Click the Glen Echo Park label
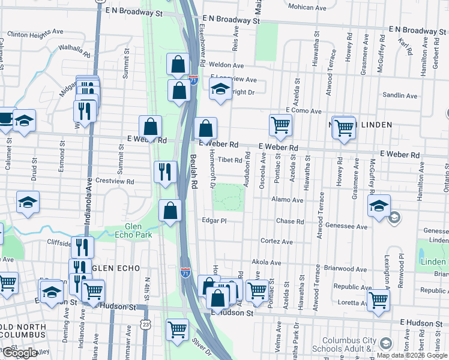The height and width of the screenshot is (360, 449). pyautogui.click(x=137, y=230)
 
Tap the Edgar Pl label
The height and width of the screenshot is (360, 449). pyautogui.click(x=214, y=221)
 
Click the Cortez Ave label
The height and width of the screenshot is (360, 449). pyautogui.click(x=276, y=241)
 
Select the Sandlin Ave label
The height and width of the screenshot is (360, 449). pyautogui.click(x=399, y=95)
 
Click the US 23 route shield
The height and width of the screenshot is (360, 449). pyautogui.click(x=146, y=325)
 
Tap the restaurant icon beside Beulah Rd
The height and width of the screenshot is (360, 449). pyautogui.click(x=165, y=172)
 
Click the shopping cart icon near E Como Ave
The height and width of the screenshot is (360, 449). pyautogui.click(x=280, y=125)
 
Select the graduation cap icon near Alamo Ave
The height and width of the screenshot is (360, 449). pyautogui.click(x=379, y=206)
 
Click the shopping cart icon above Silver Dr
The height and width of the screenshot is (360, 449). pyautogui.click(x=178, y=329)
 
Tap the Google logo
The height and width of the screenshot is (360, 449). pyautogui.click(x=19, y=353)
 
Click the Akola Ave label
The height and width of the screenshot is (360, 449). pyautogui.click(x=267, y=263)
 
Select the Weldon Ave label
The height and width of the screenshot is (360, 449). pyautogui.click(x=226, y=65)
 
